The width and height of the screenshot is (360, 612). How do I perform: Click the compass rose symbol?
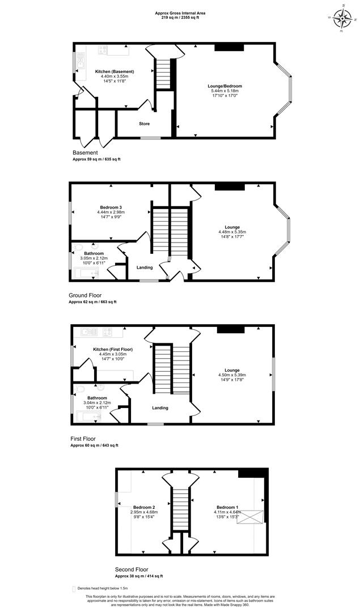(342, 18)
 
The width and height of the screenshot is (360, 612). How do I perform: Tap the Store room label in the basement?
(145, 124)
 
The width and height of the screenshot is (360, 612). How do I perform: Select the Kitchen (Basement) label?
(115, 71)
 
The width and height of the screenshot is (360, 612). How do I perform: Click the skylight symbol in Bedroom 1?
(252, 518)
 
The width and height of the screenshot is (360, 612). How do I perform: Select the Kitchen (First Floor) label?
(113, 349)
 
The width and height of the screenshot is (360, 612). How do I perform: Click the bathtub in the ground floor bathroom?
(86, 273)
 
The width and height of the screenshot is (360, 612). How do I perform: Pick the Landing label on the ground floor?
(145, 267)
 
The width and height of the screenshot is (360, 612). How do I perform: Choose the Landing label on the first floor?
(160, 408)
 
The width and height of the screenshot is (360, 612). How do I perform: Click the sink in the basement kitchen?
(81, 64)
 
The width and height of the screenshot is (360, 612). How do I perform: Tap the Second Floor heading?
(132, 569)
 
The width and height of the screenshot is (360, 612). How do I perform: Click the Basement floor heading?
(85, 152)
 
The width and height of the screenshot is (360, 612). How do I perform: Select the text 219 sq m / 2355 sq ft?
(180, 18)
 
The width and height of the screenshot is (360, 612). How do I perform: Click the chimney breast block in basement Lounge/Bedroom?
(229, 48)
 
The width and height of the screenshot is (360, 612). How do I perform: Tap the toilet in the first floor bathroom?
(80, 389)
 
